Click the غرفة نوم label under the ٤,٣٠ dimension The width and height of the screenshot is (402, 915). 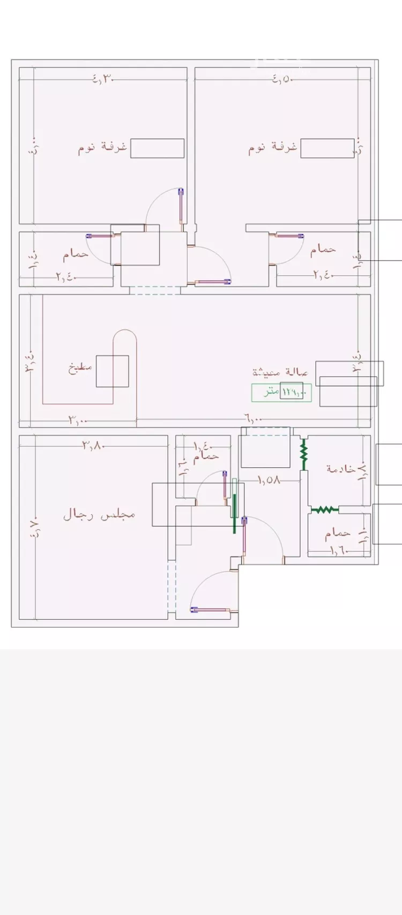pos(103,148)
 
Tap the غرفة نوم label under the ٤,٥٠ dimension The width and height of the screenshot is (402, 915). pos(272,148)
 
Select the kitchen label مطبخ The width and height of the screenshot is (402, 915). pos(80,368)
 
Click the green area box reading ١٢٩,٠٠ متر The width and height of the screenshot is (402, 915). pos(281,393)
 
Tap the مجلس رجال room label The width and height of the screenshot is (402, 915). pos(99,515)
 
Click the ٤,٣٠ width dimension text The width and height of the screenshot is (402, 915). pos(103,79)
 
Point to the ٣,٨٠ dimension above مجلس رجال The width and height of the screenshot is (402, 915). pos(93,445)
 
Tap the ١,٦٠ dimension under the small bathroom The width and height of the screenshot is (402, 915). pos(339,550)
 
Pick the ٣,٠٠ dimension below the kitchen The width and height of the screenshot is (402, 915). pos(78,421)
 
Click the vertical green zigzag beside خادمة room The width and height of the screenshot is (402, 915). pos(303,453)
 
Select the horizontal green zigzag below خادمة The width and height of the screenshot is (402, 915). pos(324,509)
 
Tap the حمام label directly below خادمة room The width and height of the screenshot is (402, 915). pos(338,533)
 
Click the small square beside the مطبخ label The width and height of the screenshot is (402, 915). pos(113,371)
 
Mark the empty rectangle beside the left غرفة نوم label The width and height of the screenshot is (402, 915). pos(158,148)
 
